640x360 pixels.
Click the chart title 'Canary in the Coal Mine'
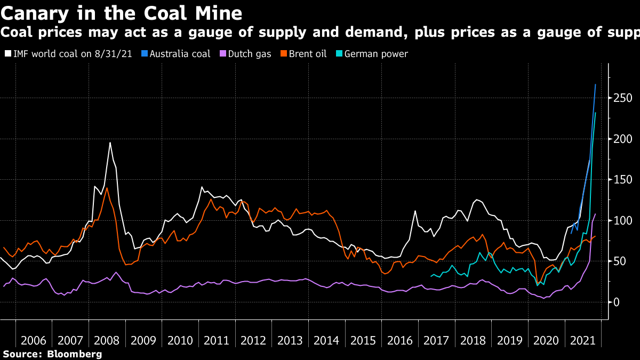[x=121, y=12]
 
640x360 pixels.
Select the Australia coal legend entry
[x=175, y=54]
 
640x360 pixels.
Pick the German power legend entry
[x=371, y=54]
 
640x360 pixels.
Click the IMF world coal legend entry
[x=70, y=54]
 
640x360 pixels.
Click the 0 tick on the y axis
[x=616, y=302]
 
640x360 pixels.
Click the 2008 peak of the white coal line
[x=110, y=142]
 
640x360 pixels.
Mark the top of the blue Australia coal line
[x=595, y=84]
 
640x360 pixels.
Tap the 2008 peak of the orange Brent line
[x=107, y=188]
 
